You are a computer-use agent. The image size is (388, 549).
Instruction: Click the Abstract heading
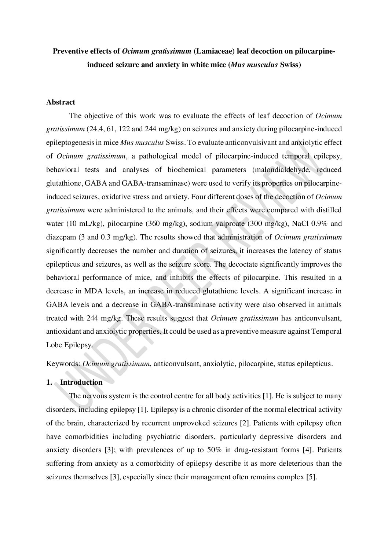coord(61,102)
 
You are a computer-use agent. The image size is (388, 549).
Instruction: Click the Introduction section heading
coord(81,382)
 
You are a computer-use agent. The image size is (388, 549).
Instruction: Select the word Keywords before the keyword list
coord(62,364)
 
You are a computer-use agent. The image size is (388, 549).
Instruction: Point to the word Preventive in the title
coord(70,51)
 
